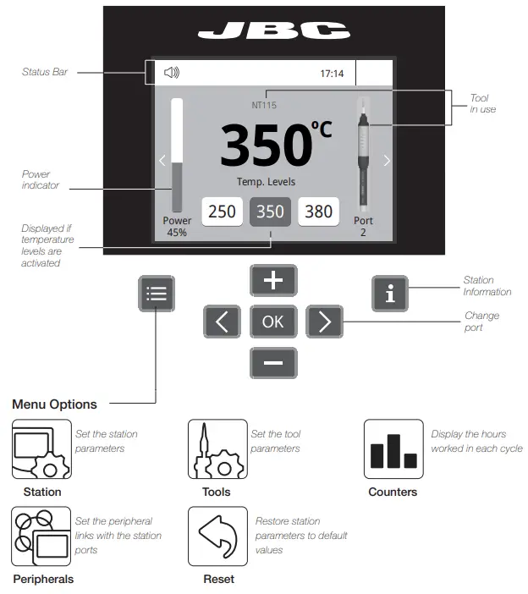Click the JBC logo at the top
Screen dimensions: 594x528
[x=273, y=31]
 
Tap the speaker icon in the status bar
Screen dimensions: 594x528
[x=172, y=73]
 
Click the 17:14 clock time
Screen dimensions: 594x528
[x=332, y=74]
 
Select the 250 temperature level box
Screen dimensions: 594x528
[x=222, y=211]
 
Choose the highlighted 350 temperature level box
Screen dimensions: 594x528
[x=271, y=211]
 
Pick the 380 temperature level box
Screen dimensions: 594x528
[x=319, y=211]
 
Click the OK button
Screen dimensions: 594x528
[x=273, y=322]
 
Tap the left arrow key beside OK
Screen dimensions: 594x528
[x=222, y=322]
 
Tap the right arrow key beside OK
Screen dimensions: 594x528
[x=324, y=322]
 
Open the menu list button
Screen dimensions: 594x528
[x=157, y=294]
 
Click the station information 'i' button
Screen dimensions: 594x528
[x=390, y=294]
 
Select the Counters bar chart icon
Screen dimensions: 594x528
[x=393, y=449]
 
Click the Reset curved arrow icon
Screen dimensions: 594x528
[x=217, y=536]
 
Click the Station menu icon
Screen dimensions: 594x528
[x=41, y=449]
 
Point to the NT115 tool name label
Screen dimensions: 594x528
[x=264, y=106]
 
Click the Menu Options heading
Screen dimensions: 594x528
[x=54, y=404]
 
